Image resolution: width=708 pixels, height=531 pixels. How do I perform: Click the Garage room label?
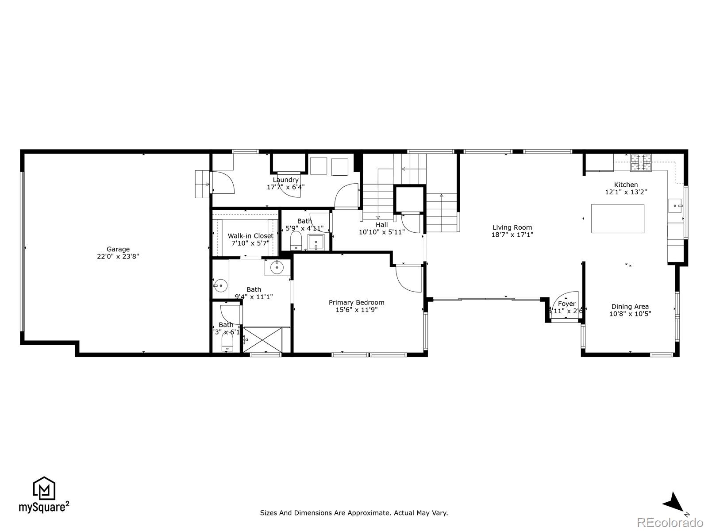[x=118, y=249]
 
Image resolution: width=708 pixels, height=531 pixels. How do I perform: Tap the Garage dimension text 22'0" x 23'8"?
[x=118, y=256]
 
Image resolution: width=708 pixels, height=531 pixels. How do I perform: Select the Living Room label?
[x=512, y=227]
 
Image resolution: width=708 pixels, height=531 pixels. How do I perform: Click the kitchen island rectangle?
[x=618, y=219]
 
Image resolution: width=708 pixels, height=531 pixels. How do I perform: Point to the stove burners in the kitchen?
[x=641, y=162]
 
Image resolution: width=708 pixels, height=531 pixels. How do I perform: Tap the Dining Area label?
[x=630, y=307]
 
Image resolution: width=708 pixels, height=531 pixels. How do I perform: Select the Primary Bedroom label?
[x=356, y=303]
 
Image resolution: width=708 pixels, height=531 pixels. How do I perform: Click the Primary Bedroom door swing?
[x=408, y=278]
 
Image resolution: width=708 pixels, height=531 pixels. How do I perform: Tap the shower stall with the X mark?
[x=262, y=340]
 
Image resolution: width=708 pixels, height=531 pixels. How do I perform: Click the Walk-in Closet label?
[x=250, y=236]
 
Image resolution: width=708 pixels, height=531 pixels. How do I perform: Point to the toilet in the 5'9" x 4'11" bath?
[x=296, y=241]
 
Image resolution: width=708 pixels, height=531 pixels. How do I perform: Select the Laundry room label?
[x=285, y=180]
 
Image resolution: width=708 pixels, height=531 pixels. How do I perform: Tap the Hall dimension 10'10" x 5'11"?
[x=381, y=232]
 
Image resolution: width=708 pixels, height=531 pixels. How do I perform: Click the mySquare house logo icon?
[x=44, y=489]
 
